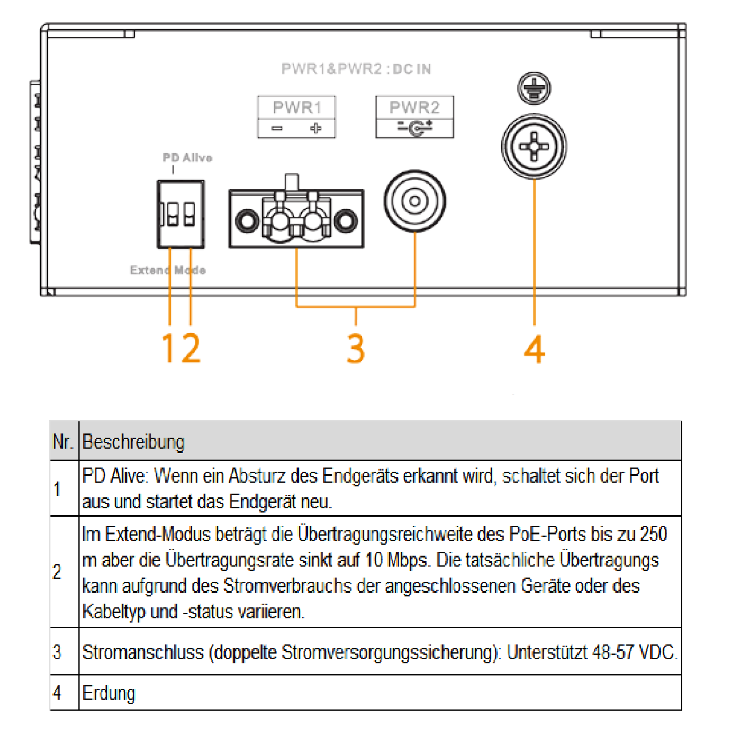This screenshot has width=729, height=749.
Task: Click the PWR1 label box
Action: pos(296,117)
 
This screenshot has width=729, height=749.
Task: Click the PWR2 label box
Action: pos(414,117)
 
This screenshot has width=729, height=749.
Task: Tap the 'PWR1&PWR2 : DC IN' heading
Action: pos(356,69)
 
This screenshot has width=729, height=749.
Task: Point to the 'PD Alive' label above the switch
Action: pos(187,158)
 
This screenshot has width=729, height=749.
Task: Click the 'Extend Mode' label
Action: pos(168,270)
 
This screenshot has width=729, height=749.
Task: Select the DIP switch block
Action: pos(180,214)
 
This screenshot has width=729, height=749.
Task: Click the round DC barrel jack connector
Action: pos(414,201)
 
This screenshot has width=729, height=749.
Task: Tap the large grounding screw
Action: pos(533,147)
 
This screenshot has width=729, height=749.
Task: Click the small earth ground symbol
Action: pos(534,88)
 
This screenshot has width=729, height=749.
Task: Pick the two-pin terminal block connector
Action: pos(296,219)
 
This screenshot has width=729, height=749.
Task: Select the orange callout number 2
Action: pos(190,348)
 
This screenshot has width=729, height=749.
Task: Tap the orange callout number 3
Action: pos(356,348)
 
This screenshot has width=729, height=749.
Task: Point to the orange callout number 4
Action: pos(534,350)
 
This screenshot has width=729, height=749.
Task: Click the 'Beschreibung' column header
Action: pos(133,441)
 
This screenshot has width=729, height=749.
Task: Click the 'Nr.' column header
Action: pos(63,441)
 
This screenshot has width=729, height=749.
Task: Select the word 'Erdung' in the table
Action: pos(109,693)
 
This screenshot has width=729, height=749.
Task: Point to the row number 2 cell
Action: pos(58,572)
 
